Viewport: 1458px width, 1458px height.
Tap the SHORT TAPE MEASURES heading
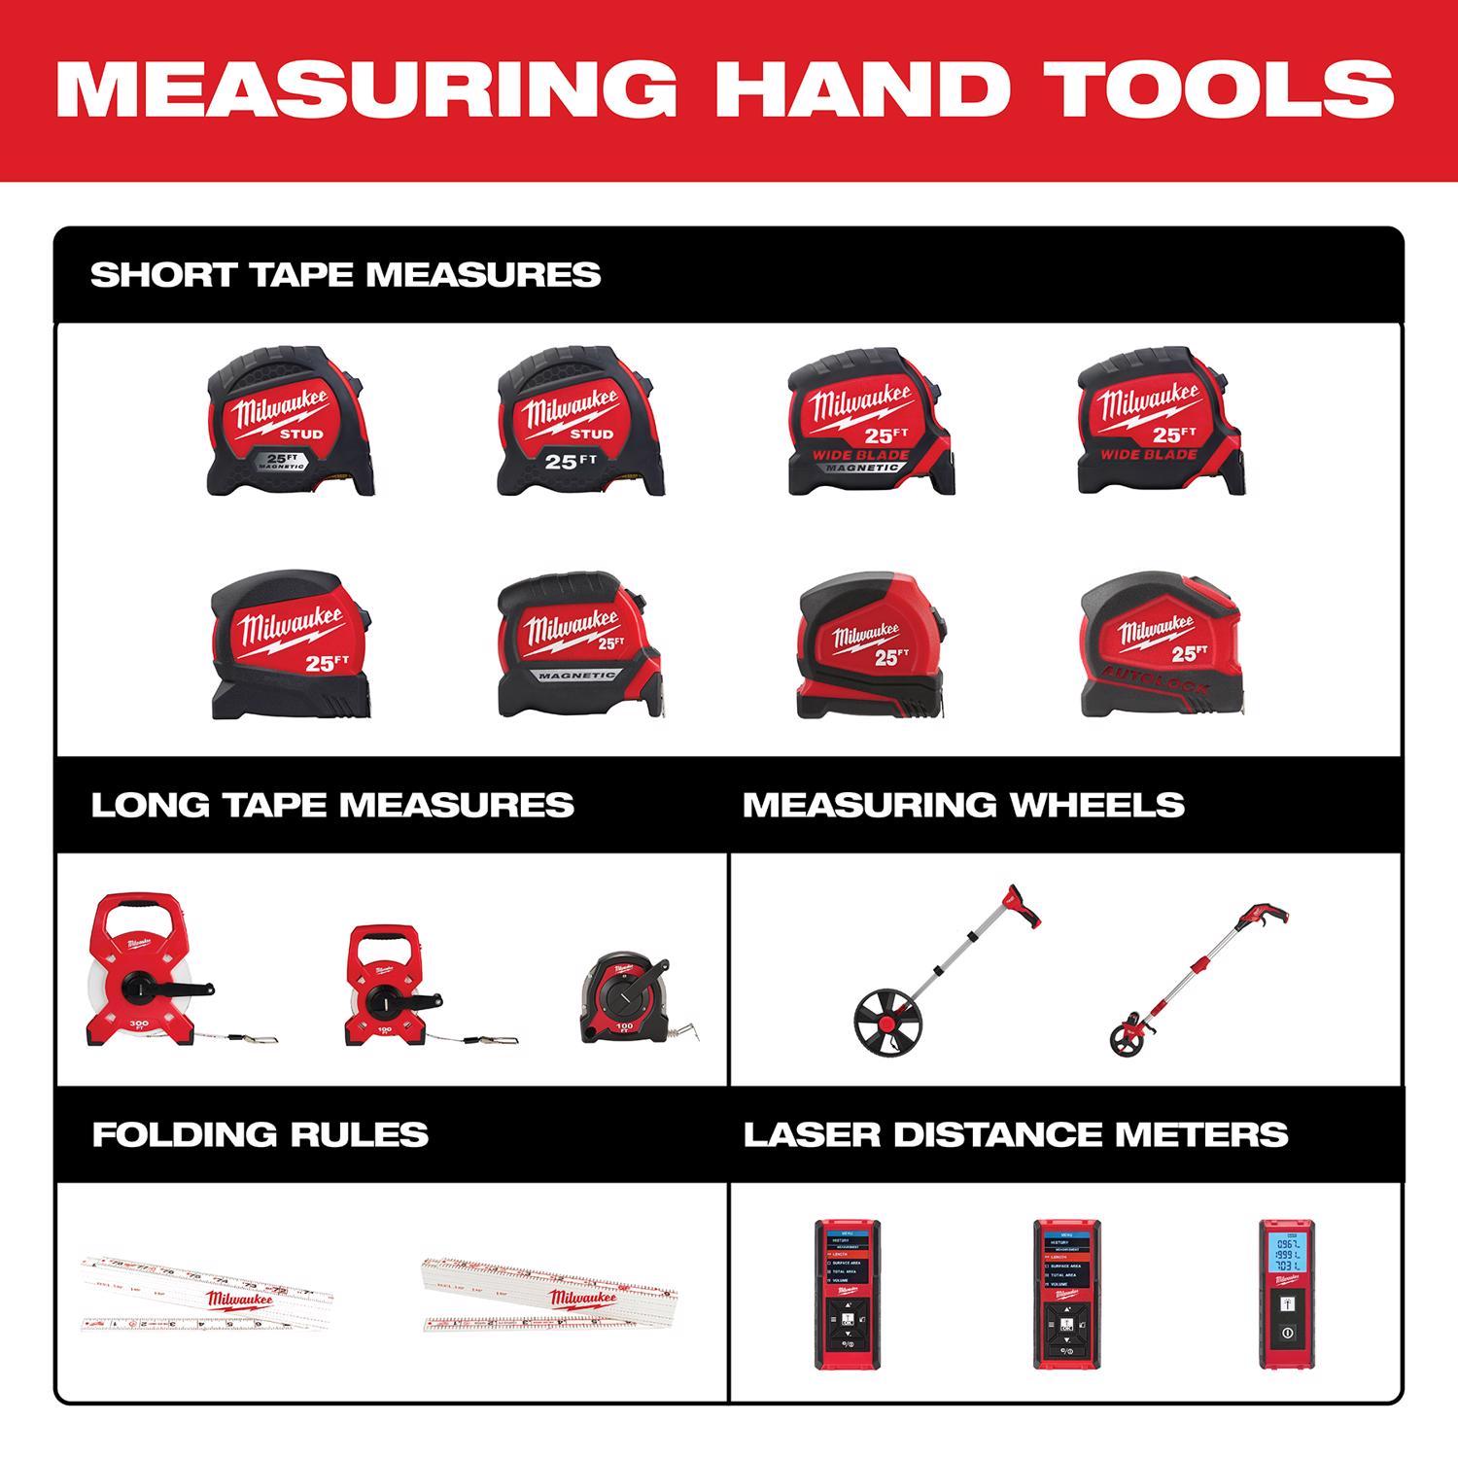(345, 275)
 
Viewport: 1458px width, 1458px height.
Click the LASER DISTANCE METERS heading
(1015, 1134)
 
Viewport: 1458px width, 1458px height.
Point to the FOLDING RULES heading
(260, 1134)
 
